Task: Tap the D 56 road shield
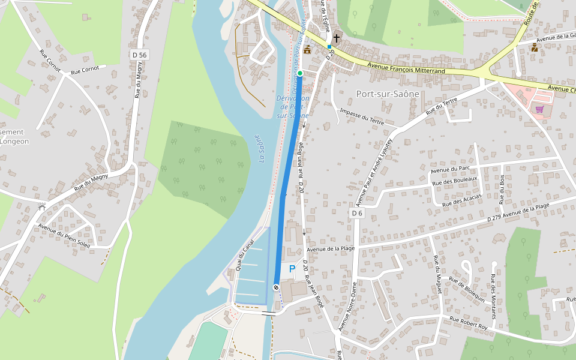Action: [139, 55]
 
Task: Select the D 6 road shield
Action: [357, 213]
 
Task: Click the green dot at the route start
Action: [300, 73]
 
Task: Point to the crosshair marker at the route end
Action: [276, 288]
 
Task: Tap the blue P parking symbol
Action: [292, 269]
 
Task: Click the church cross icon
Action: [337, 38]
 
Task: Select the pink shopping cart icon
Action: [539, 109]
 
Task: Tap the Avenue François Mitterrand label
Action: [406, 70]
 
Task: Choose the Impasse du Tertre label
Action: [361, 116]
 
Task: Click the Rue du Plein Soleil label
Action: [64, 236]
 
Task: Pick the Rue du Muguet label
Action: [438, 274]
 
